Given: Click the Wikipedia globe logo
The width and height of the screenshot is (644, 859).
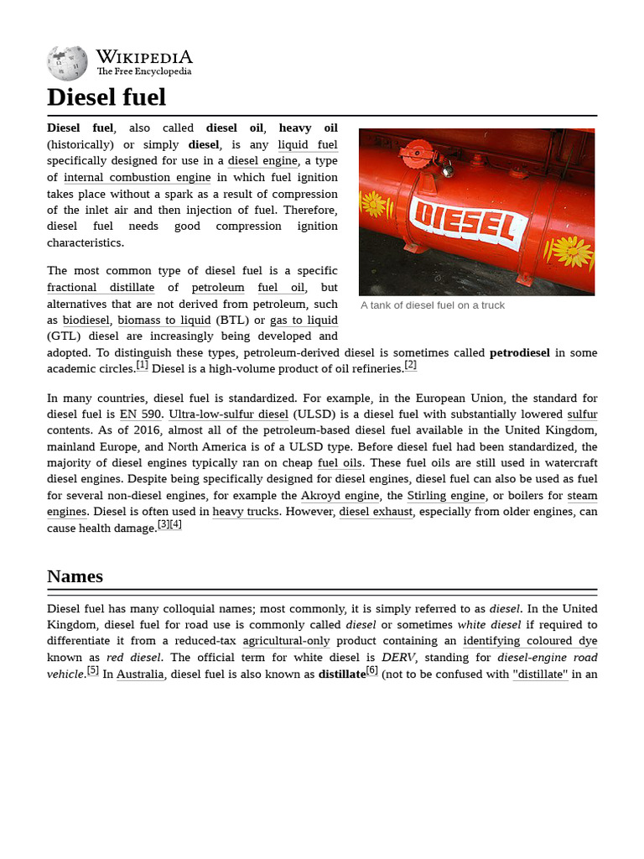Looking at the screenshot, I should coord(67,63).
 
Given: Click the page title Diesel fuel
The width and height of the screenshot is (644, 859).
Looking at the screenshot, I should coord(106,97).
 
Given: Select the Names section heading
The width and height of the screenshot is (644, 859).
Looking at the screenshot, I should coord(75,576).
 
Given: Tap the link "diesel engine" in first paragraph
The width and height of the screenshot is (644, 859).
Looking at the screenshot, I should coord(262,161).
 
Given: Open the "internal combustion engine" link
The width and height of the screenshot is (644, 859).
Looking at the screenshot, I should coord(137,178).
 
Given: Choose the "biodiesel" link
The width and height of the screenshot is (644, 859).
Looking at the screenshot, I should coord(86,320).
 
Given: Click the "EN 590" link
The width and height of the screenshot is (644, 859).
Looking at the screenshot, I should coord(140,414).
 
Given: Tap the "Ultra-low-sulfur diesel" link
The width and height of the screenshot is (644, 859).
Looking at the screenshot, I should coord(228,414).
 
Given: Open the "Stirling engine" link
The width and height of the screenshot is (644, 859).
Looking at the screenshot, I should coord(446,496).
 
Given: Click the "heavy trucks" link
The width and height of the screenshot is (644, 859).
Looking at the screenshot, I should coord(245,512).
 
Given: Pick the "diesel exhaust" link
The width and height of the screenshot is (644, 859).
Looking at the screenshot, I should coord(376,512).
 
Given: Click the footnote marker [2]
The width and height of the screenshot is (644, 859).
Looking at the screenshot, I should coord(410,365).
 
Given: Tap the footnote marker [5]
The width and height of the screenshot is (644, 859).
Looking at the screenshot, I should coord(93,670).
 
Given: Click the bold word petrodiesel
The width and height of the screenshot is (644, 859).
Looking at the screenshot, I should coord(519,353).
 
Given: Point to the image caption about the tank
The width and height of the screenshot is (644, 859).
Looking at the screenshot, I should coord(433,305).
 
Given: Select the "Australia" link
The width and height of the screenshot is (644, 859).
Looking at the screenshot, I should coord(140,674).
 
